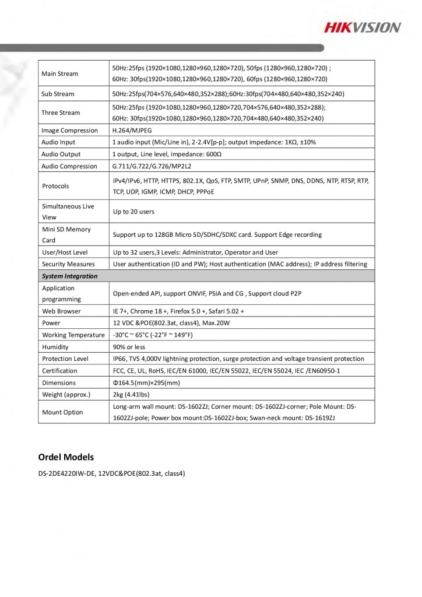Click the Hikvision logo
(362, 27)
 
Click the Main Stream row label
(59, 74)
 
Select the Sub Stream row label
(58, 94)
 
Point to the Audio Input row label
(58, 142)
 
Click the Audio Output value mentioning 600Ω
(167, 154)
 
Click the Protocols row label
(55, 186)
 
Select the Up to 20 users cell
(133, 212)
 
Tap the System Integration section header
(69, 276)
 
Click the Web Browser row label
(61, 311)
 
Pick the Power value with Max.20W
(166, 323)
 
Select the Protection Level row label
(65, 359)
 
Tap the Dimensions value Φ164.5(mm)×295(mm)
(146, 383)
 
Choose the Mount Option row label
(62, 412)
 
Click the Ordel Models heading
(66, 456)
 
